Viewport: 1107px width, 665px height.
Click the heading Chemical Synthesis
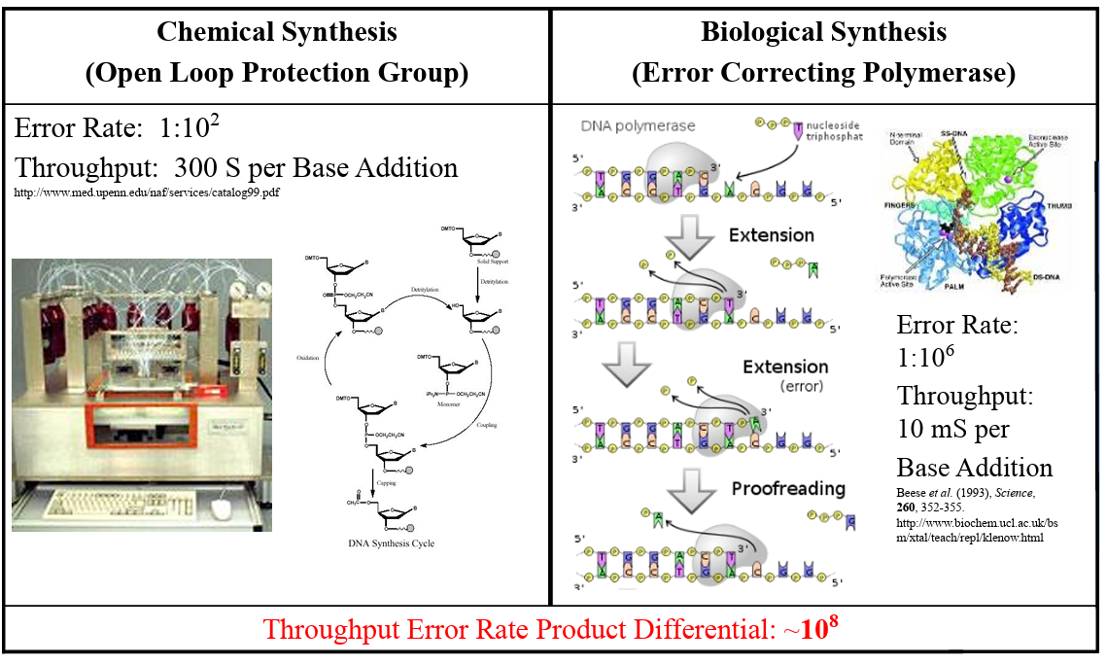click(277, 32)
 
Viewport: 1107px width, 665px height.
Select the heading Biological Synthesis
click(823, 32)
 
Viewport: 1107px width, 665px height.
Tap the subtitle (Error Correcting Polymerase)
click(823, 73)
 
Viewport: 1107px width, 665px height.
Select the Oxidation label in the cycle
click(308, 359)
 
